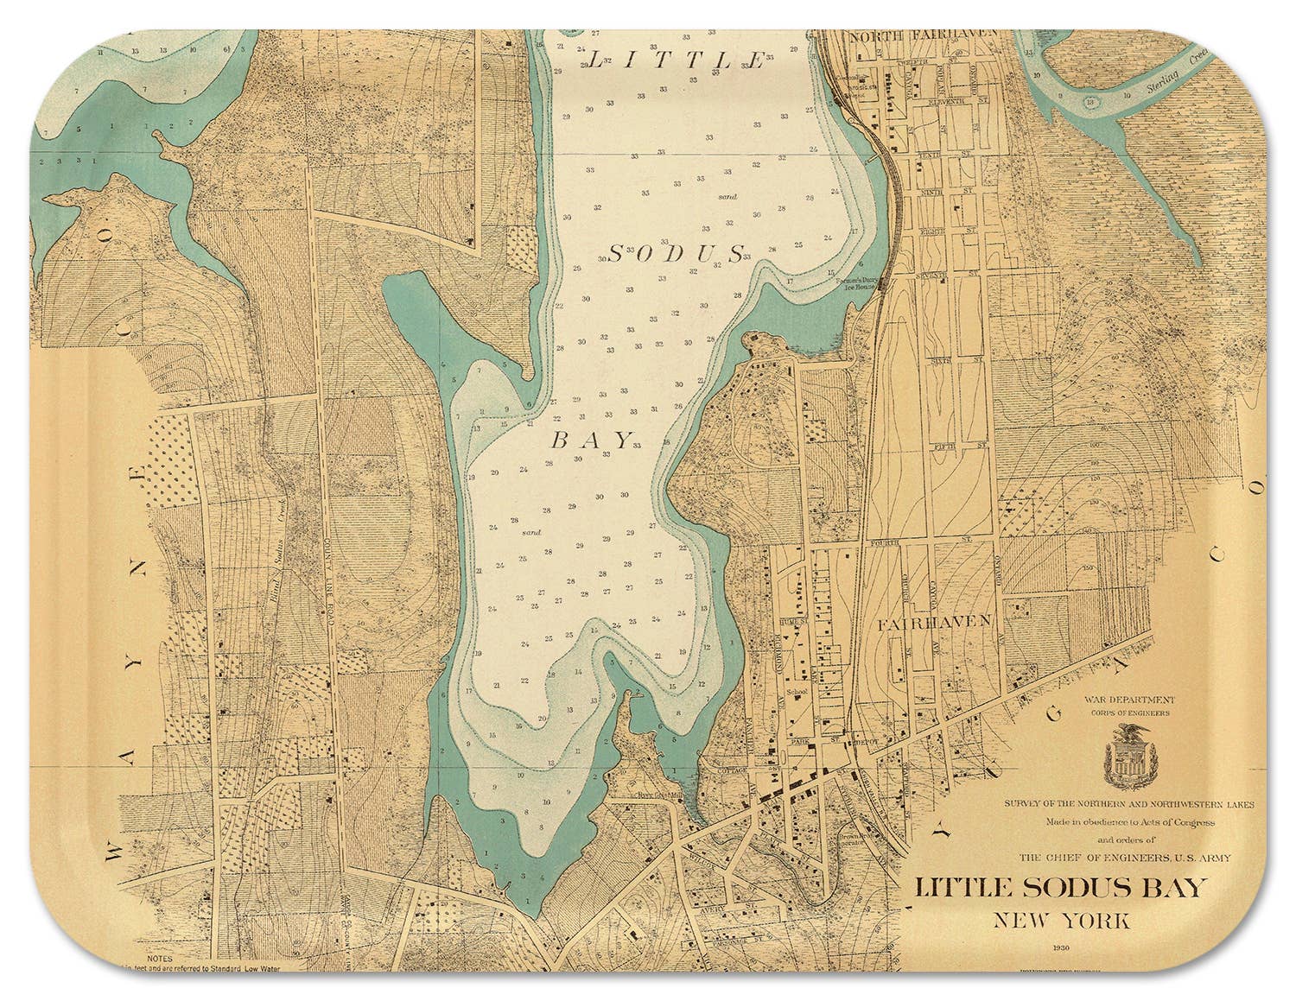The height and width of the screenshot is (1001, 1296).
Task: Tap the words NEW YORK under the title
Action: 1060,919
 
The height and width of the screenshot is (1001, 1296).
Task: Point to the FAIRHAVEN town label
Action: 946,621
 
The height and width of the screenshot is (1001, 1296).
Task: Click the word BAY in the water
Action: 592,440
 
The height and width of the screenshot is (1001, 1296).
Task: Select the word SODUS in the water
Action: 677,253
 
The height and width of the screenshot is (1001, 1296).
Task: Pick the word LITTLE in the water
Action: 677,60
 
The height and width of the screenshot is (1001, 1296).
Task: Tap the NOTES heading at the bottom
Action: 161,957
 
